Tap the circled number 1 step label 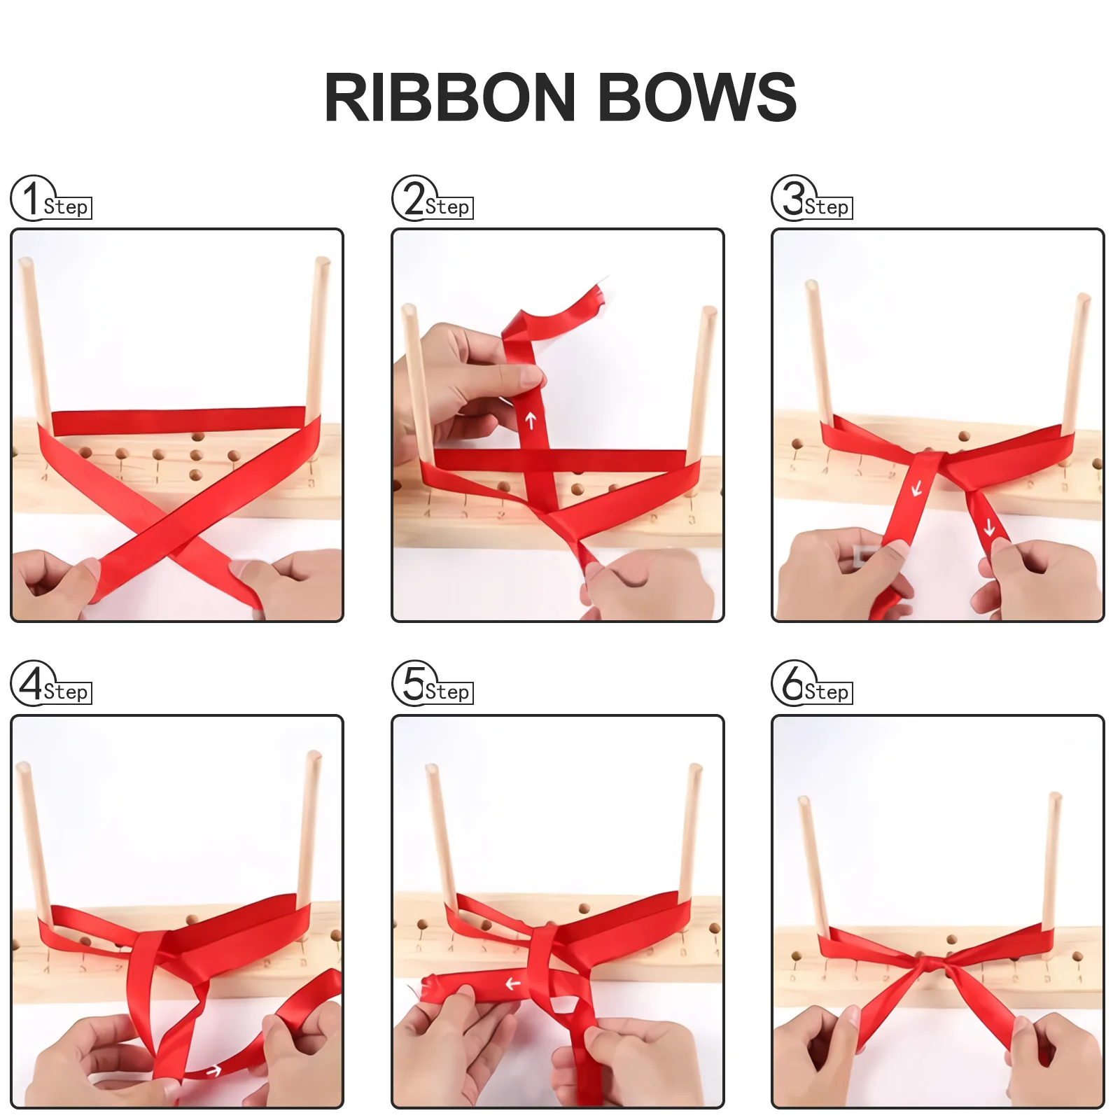point(32,198)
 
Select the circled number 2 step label point(414,198)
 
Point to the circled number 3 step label point(793,198)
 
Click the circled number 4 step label point(32,683)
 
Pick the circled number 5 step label point(414,683)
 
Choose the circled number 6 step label point(793,683)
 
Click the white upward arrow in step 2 point(531,420)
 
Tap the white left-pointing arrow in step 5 point(513,984)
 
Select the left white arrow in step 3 point(917,488)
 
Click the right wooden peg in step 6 point(1051,861)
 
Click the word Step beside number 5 point(447,692)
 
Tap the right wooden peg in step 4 point(309,826)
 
